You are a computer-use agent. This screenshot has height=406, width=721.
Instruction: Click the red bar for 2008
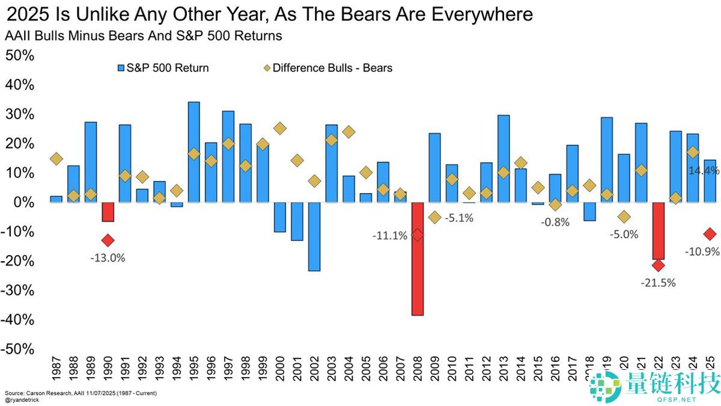pos(418,259)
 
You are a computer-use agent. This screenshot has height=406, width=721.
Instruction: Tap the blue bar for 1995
pos(193,152)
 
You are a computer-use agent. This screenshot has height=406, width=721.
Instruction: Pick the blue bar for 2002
pos(314,236)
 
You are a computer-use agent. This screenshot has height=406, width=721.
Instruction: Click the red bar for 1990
pos(108,212)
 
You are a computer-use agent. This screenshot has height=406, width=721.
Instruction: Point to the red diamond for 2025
pos(710,234)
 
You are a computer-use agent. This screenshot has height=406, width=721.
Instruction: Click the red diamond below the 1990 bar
pos(108,240)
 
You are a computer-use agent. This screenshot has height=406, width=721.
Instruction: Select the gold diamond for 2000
pos(279,128)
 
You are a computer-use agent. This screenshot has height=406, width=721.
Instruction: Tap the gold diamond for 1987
pos(56,159)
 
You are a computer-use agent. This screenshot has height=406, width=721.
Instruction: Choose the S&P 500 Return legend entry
pos(163,68)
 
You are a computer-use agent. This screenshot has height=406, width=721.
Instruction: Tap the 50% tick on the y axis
pos(20,55)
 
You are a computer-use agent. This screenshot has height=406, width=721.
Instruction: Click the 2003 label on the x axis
pos(331,368)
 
